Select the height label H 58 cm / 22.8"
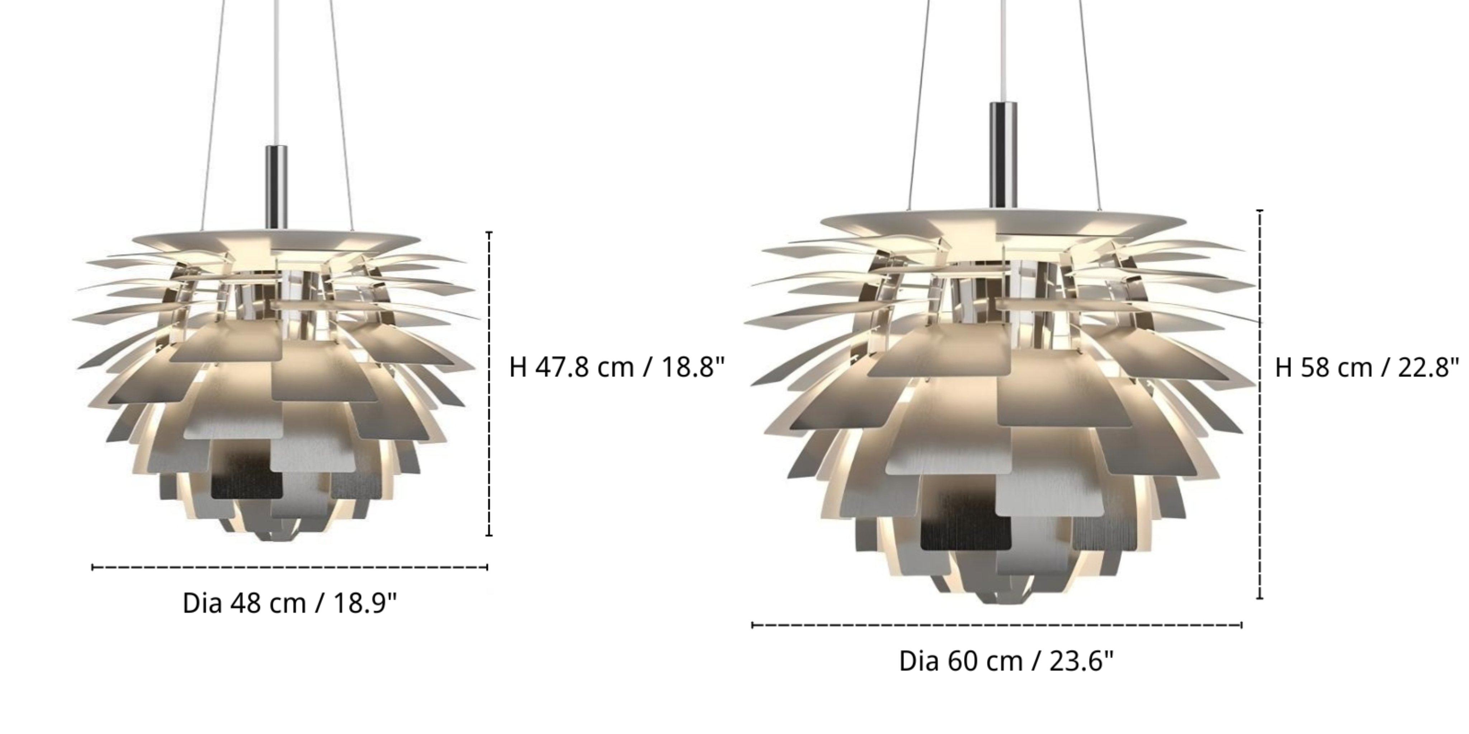pos(1367,367)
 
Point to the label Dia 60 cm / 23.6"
pos(1006,661)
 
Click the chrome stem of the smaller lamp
pos(277,187)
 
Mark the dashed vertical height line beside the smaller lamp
pos(489,383)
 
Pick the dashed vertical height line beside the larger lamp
pos(1260,404)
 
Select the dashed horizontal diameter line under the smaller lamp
pos(290,567)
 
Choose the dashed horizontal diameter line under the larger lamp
pos(997,625)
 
